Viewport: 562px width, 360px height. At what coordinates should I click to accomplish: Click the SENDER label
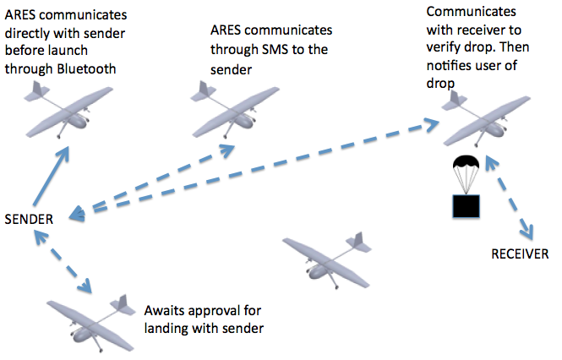(29, 219)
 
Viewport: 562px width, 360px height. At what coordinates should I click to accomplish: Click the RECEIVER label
(521, 254)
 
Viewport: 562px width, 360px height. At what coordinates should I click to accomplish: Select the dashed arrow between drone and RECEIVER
(518, 199)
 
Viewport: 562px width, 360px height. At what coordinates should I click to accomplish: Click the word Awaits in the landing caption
(166, 309)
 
